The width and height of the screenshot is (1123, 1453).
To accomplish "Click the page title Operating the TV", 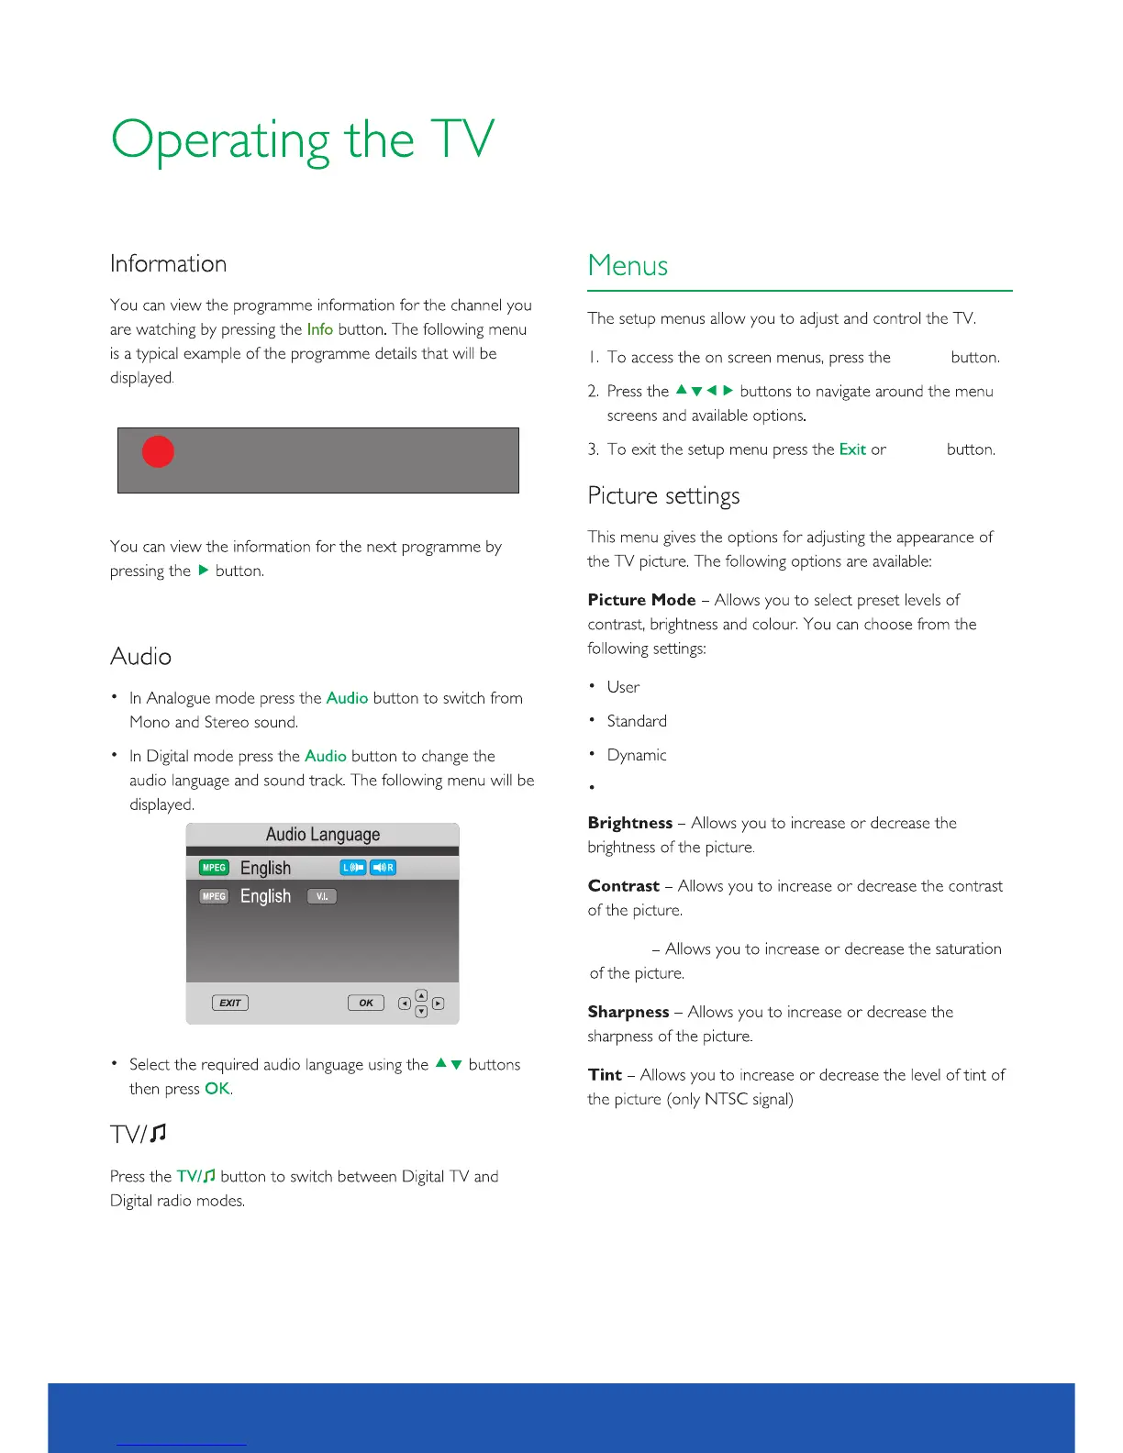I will click(x=303, y=141).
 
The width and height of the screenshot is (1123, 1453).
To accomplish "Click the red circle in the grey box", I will click(x=158, y=451).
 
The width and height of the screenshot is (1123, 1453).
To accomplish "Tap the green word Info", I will click(x=319, y=329).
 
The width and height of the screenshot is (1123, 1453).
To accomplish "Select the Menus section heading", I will click(x=628, y=266).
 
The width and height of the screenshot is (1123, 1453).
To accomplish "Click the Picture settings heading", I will click(x=663, y=496).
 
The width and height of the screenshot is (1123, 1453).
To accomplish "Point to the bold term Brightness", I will click(x=630, y=823).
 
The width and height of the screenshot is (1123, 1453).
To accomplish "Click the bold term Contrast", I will click(x=624, y=886).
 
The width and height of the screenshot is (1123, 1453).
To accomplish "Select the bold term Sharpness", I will click(x=628, y=1012).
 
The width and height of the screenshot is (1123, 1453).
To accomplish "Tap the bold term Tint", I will click(x=605, y=1074).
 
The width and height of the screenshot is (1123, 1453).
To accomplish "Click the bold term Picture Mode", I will click(x=641, y=600).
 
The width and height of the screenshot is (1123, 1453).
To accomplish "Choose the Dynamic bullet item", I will click(x=637, y=755).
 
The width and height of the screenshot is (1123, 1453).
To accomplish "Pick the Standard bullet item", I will click(x=637, y=721).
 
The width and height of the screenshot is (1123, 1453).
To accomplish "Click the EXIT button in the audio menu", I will click(x=230, y=1003).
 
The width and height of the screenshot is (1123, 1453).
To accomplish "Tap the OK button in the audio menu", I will click(x=365, y=1003).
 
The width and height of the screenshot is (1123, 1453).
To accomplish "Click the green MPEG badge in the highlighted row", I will click(x=214, y=868).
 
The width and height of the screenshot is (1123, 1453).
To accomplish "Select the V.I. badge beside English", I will click(x=322, y=896).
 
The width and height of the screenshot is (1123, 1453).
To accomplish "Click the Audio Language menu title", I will click(x=323, y=835).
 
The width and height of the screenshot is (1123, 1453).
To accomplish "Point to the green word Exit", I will click(x=852, y=449).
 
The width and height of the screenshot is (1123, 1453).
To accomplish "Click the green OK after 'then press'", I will click(x=217, y=1089).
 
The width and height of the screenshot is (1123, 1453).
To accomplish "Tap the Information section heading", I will click(x=168, y=264).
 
